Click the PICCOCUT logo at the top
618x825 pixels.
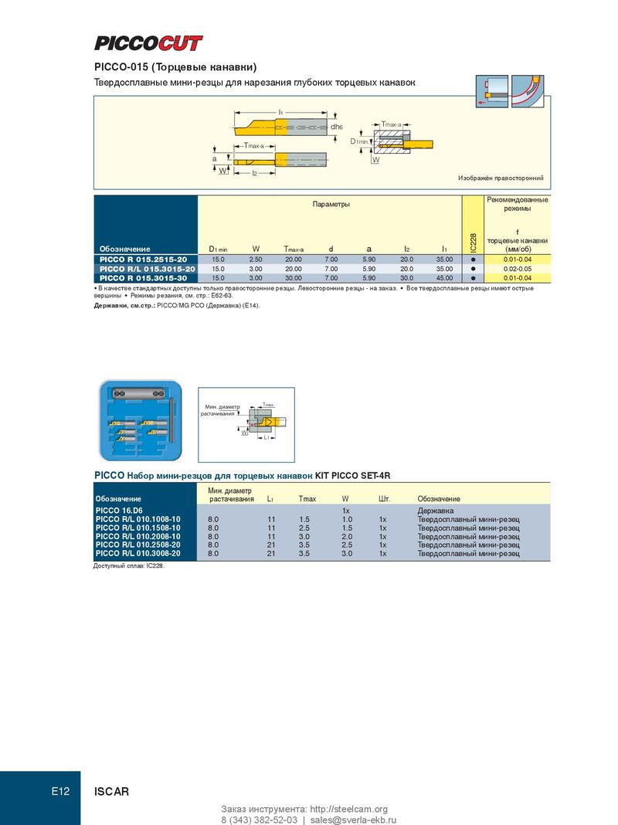click(148, 43)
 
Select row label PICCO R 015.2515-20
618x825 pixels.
click(143, 260)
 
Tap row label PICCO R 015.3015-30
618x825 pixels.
click(143, 278)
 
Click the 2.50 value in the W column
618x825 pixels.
click(256, 260)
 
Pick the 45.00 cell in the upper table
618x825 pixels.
click(444, 278)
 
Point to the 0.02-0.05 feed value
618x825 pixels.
click(518, 269)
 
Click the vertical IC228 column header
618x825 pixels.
click(473, 243)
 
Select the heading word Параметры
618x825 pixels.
click(331, 204)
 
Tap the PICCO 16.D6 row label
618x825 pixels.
click(119, 511)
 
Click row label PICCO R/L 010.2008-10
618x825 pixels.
click(138, 536)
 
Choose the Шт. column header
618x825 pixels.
click(384, 498)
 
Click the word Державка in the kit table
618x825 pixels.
click(436, 511)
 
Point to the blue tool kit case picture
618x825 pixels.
click(141, 420)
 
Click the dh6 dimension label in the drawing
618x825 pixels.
click(337, 127)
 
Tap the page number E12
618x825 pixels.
click(60, 791)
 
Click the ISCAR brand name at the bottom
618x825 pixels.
click(111, 791)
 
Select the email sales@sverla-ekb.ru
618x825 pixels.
click(354, 820)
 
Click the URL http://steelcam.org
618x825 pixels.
click(348, 809)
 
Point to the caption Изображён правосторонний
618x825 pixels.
click(501, 178)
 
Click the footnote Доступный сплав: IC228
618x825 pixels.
click(129, 566)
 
